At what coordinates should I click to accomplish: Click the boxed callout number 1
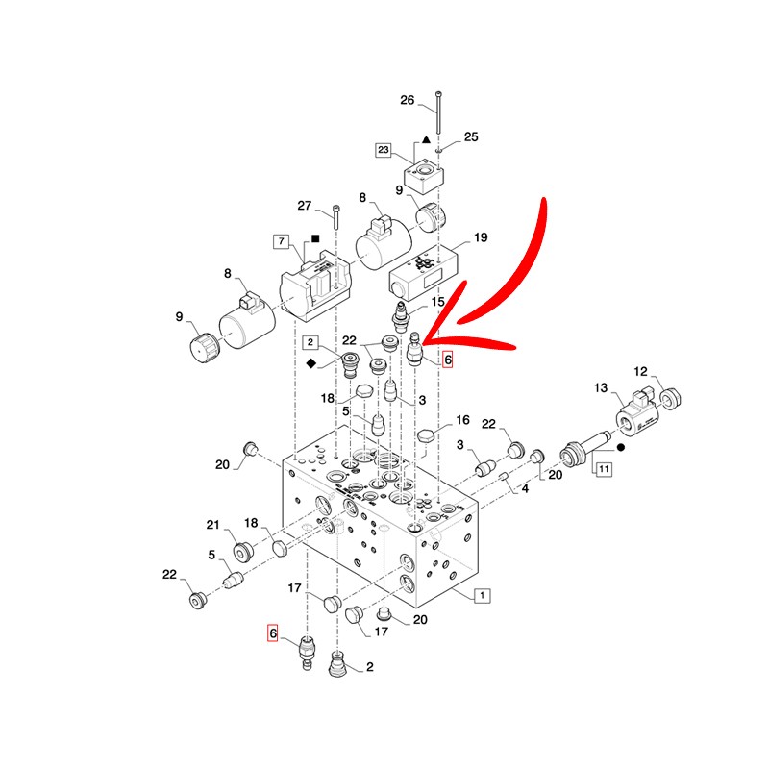click(x=483, y=595)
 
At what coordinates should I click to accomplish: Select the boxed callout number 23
click(x=383, y=150)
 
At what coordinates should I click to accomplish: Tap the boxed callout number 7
click(x=281, y=241)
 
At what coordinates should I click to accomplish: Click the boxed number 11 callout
click(x=604, y=469)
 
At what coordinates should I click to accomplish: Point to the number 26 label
click(x=407, y=100)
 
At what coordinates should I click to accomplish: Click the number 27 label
click(x=305, y=206)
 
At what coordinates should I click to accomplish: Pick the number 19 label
click(x=481, y=237)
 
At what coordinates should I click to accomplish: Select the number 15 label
click(x=437, y=302)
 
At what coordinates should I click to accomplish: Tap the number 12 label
click(x=640, y=371)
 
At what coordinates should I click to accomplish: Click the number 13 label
click(x=601, y=388)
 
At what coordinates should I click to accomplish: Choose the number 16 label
click(x=462, y=420)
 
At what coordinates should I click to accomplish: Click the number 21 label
click(x=212, y=525)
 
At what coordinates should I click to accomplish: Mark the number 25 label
click(x=471, y=136)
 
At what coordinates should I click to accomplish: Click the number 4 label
click(x=525, y=488)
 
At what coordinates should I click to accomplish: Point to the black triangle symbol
click(x=426, y=139)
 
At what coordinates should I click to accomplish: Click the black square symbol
click(x=315, y=238)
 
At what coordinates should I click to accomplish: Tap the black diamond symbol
click(x=310, y=363)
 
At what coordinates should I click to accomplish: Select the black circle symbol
click(x=620, y=447)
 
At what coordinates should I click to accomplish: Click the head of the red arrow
click(x=423, y=342)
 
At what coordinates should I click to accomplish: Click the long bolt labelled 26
click(x=438, y=112)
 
